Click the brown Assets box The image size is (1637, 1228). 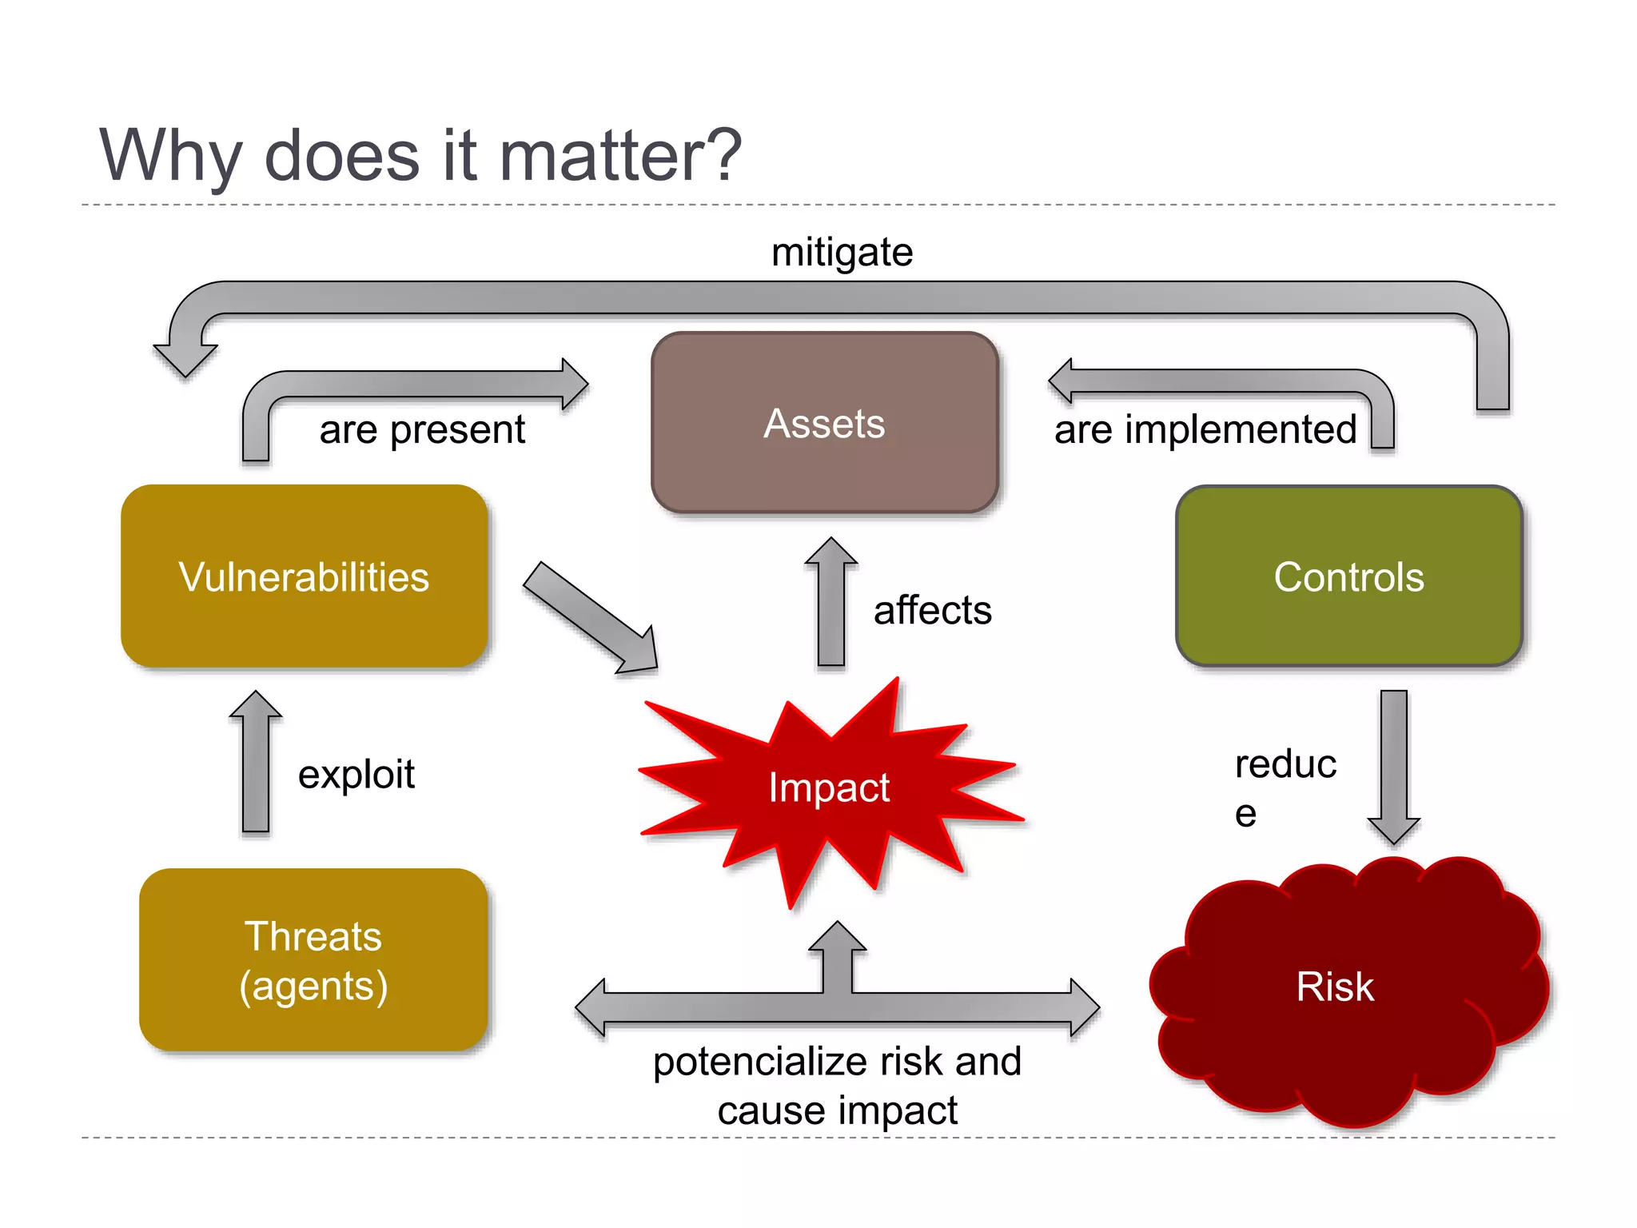click(x=824, y=423)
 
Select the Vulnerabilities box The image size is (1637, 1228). click(x=304, y=576)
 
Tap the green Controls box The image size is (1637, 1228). click(x=1348, y=576)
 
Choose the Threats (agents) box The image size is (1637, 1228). click(x=313, y=960)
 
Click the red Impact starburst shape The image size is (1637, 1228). click(x=829, y=787)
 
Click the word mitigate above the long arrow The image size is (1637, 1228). click(x=842, y=253)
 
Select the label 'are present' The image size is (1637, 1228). click(x=422, y=429)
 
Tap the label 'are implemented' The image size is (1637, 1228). click(x=1205, y=429)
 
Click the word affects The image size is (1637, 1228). click(x=932, y=610)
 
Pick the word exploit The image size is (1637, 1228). click(x=356, y=774)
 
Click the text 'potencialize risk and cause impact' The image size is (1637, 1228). click(x=837, y=1085)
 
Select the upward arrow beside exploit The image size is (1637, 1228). click(x=256, y=764)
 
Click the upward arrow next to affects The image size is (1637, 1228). click(x=831, y=604)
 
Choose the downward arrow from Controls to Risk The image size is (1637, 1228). click(x=1393, y=764)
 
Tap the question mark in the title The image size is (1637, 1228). click(x=719, y=154)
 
